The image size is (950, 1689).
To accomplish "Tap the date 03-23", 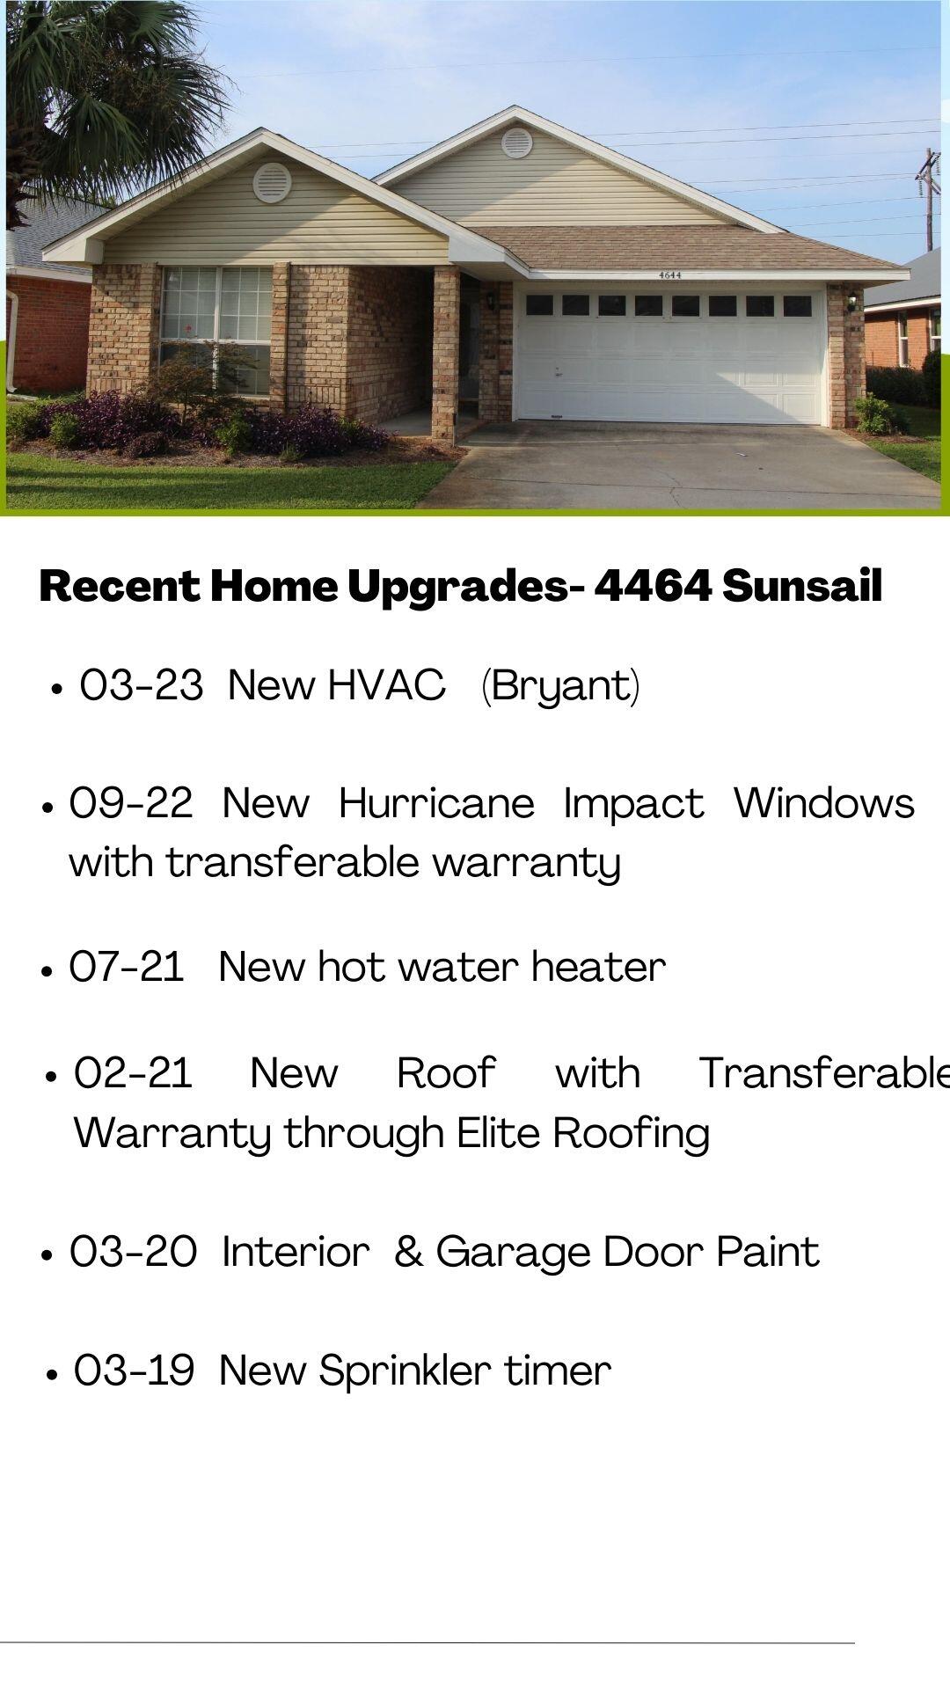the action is point(141,685).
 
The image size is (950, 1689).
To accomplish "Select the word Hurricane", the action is point(436,803).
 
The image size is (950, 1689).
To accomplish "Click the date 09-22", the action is point(131,803).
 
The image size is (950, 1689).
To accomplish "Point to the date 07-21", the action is point(127,967).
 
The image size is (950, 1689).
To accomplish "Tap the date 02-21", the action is point(133,1073).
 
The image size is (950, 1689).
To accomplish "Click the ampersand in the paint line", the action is point(408,1252).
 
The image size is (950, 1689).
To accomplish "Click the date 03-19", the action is point(134,1371).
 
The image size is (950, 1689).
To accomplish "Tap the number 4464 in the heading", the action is point(652,587).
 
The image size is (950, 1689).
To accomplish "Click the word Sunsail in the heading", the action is point(802,587).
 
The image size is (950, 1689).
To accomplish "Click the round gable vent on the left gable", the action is point(272,182).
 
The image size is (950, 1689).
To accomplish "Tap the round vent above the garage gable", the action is point(516,142).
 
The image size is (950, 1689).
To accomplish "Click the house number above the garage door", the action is point(670,274).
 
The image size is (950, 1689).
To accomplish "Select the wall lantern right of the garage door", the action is point(851,301).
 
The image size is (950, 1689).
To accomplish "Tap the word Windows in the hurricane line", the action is point(824,803).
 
